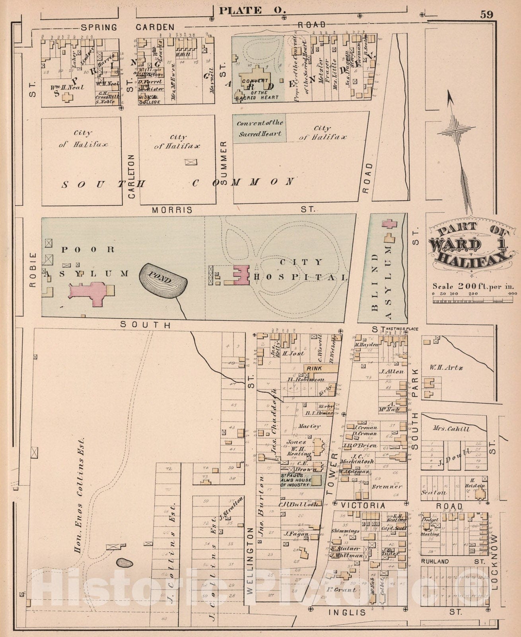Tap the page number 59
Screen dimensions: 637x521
(x=486, y=15)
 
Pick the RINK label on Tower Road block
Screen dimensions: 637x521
(x=315, y=369)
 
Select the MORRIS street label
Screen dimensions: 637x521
(x=172, y=210)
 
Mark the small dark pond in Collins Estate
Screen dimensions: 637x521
(x=124, y=563)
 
